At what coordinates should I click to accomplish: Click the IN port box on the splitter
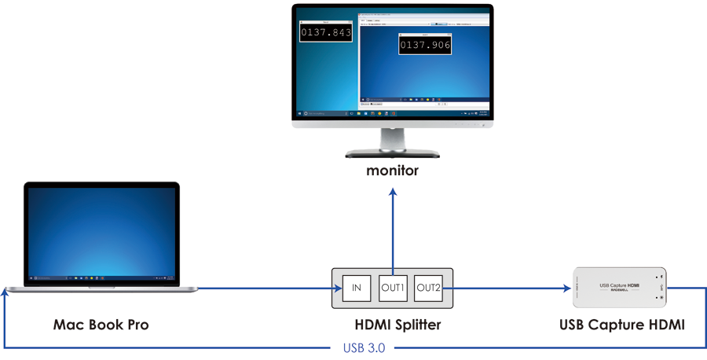pos(356,288)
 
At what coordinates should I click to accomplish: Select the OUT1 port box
pos(392,288)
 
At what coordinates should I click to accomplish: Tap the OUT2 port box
pos(428,288)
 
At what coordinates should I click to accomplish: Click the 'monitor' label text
pos(392,170)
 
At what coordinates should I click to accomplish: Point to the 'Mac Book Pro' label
pos(101,324)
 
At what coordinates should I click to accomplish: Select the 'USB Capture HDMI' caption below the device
pos(621,324)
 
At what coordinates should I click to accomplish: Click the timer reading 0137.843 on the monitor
pos(326,32)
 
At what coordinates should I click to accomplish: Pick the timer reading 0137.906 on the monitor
pos(425,46)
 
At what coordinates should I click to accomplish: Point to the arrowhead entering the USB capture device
pos(566,288)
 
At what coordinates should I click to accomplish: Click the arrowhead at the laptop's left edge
pos(5,292)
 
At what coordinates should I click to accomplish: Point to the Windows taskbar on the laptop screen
pos(101,278)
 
